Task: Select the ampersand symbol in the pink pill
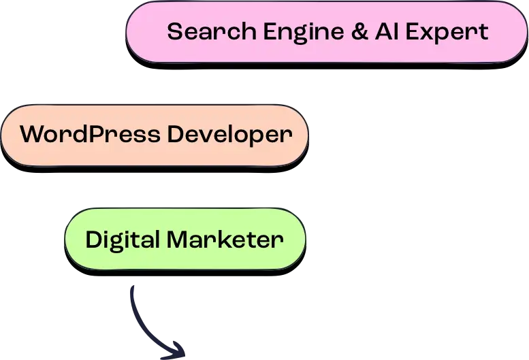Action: tap(359, 32)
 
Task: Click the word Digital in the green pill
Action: tap(123, 240)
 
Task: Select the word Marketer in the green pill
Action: tap(225, 240)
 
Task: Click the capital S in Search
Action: tap(174, 32)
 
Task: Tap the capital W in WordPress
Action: tap(33, 134)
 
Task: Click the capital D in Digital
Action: tap(93, 240)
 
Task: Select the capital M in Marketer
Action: tap(178, 240)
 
